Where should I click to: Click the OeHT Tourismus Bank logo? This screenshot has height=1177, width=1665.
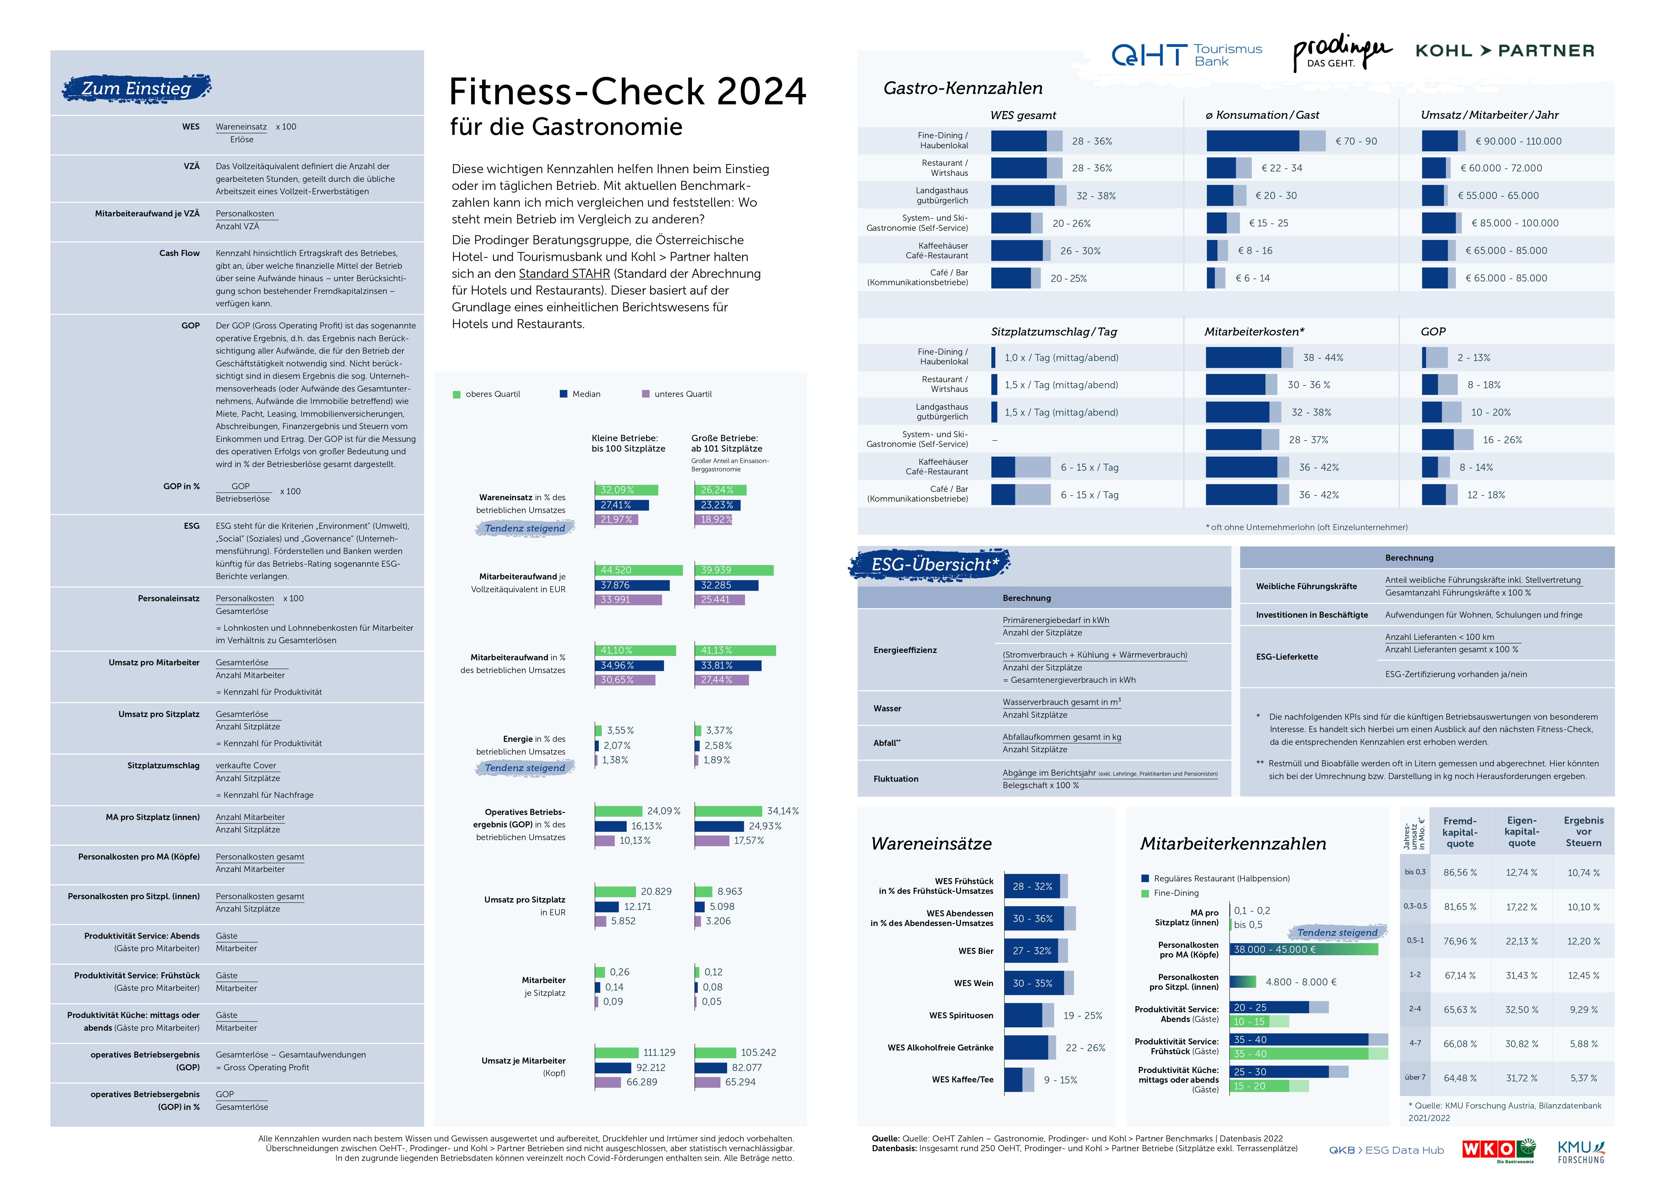click(1186, 54)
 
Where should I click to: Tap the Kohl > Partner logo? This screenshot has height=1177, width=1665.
click(1505, 51)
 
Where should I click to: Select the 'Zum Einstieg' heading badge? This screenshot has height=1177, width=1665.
click(136, 89)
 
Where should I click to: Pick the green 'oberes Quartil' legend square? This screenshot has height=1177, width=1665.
click(457, 394)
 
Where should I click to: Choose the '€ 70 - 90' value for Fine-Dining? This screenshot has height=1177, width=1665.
click(1356, 141)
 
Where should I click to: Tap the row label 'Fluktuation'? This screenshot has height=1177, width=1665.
click(895, 779)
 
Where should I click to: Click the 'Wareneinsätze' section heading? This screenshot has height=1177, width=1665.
click(931, 843)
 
